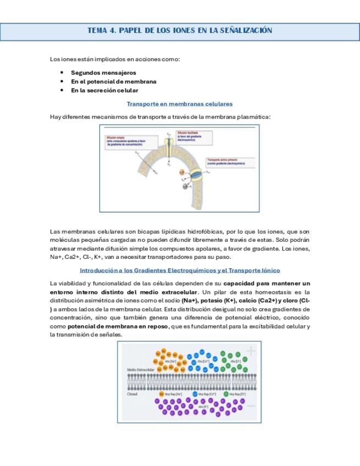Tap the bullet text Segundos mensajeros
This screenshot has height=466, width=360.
point(103,73)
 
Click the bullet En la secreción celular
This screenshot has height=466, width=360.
point(104,90)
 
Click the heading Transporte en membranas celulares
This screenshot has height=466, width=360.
point(180,103)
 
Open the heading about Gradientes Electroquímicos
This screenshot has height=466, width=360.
point(180,270)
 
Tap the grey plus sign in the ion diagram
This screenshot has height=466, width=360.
point(251,351)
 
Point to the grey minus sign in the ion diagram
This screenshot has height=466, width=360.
point(251,405)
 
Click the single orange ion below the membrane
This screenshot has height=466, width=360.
point(161,393)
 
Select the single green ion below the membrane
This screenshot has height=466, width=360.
point(226,393)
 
